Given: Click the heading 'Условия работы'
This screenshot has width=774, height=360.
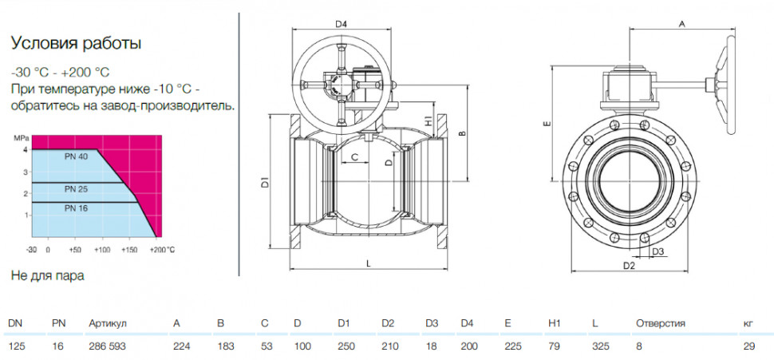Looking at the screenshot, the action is (x=76, y=43).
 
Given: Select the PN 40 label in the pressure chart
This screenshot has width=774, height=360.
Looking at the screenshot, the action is (x=76, y=157).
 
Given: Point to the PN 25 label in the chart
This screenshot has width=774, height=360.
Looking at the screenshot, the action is (x=76, y=188).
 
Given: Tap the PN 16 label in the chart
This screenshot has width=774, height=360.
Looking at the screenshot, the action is (x=76, y=208).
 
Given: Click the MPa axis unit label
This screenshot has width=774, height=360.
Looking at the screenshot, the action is (x=21, y=137).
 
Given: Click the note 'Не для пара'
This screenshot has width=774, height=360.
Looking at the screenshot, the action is (x=47, y=275).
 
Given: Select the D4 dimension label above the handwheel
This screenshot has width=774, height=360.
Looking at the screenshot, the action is (x=342, y=24).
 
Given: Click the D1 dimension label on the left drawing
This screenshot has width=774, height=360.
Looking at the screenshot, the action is (x=265, y=182).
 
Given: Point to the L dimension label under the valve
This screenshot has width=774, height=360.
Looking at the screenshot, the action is (x=368, y=263).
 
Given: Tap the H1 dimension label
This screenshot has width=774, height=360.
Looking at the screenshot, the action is (x=428, y=120).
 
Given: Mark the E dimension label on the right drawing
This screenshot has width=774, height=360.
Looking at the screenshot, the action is (x=546, y=124).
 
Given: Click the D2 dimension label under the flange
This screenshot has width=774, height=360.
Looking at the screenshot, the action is (x=629, y=266).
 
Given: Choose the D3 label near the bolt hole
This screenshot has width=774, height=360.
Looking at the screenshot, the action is (x=658, y=252).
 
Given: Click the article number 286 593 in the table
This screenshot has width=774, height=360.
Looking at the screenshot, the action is (x=107, y=346).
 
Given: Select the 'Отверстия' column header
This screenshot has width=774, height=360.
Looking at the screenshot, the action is (x=661, y=324).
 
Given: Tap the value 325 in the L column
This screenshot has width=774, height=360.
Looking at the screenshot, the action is (x=601, y=346).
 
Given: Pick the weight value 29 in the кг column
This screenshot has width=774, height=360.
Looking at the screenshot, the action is (x=748, y=346).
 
